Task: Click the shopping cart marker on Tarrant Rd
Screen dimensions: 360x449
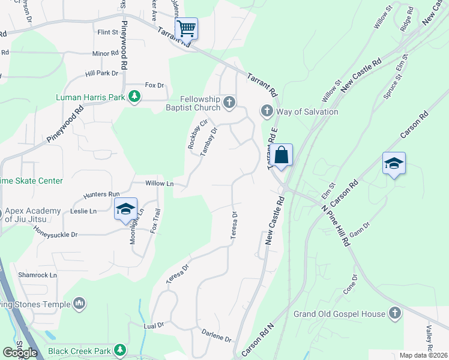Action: (x=186, y=28)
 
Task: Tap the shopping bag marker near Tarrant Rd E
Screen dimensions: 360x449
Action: (x=281, y=156)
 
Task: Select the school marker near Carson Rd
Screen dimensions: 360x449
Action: (x=394, y=164)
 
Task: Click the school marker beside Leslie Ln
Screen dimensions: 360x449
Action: (x=125, y=209)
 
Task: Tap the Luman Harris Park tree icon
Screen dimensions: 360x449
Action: (x=135, y=96)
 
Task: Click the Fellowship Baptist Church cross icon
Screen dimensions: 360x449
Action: (x=229, y=103)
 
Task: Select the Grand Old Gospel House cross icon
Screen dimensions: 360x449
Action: (x=394, y=313)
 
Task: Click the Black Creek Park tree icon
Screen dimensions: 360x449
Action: (x=121, y=350)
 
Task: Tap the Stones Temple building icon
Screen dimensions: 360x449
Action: (x=79, y=304)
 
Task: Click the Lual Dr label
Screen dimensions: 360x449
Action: (x=154, y=325)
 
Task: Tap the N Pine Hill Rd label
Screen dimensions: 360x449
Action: (x=336, y=226)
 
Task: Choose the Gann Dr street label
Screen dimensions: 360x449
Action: (x=360, y=228)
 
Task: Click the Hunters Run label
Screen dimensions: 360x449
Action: (x=101, y=194)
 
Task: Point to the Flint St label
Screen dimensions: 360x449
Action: (x=107, y=32)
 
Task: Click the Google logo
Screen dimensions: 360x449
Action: (x=20, y=353)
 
